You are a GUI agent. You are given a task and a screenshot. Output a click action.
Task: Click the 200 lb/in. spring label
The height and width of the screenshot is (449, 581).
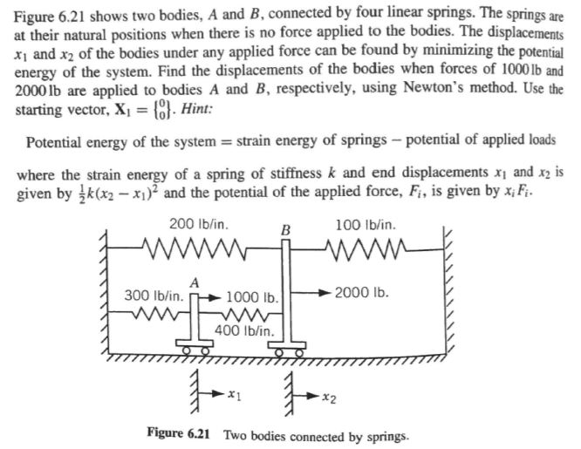click(x=199, y=223)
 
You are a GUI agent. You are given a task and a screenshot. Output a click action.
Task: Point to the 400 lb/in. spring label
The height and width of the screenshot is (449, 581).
click(x=244, y=331)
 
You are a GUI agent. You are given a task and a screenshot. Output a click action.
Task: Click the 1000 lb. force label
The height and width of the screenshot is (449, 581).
click(x=251, y=296)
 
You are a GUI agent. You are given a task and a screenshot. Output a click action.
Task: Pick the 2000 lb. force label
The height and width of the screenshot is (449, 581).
click(x=360, y=290)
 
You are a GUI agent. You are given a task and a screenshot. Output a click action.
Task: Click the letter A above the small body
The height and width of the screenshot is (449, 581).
click(x=195, y=281)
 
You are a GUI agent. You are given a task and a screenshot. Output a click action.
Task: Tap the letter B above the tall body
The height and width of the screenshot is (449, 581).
click(x=284, y=229)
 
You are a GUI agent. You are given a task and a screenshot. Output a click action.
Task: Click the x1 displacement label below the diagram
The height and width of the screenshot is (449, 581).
click(x=234, y=397)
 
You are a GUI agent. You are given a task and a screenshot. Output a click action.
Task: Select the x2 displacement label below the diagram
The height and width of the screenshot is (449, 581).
click(x=325, y=398)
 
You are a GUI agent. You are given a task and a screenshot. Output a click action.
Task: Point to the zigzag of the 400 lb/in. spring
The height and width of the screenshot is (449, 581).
click(x=246, y=314)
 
